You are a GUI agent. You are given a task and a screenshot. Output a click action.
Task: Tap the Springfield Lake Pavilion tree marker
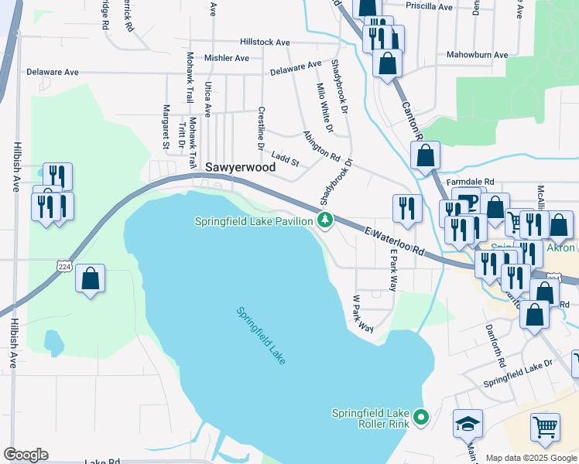pos(326,221)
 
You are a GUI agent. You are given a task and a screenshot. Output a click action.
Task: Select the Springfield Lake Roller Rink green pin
pos(420,418)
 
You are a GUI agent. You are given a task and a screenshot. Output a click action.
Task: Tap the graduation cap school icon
pos(468,424)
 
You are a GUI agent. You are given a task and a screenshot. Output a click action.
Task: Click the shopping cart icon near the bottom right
pos(545,427)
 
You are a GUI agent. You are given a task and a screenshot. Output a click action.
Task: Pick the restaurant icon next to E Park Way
pos(405,207)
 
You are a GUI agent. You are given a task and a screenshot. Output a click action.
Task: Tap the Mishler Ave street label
pos(226,58)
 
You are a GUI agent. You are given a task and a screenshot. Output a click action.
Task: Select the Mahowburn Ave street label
pos(477,55)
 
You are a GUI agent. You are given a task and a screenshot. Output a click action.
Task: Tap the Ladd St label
pos(285,160)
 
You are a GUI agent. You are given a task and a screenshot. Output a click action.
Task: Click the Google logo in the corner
pos(26,455)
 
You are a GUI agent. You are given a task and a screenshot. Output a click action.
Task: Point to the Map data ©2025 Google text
pos(530,458)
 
